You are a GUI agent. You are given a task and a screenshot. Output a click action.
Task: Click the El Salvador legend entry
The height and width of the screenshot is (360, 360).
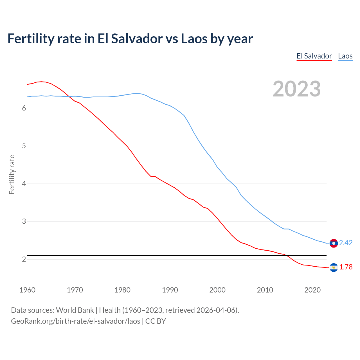(314, 56)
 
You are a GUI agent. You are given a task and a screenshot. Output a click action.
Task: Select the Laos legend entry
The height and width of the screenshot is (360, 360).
(345, 56)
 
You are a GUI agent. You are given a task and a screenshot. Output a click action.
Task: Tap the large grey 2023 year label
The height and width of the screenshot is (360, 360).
(296, 89)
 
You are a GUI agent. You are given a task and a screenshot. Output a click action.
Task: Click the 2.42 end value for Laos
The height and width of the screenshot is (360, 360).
(346, 243)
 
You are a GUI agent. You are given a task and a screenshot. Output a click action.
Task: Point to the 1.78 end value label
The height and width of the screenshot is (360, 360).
(346, 267)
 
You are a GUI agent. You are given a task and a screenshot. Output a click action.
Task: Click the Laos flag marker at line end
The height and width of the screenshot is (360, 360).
(334, 243)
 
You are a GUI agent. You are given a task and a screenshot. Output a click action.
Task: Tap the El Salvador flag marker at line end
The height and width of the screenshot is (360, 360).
(334, 267)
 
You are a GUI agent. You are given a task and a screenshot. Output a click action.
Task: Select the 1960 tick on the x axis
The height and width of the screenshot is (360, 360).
(27, 290)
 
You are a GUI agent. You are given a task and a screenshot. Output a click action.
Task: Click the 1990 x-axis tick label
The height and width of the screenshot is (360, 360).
(170, 290)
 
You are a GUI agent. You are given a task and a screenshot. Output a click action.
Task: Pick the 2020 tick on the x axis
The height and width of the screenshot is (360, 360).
(312, 290)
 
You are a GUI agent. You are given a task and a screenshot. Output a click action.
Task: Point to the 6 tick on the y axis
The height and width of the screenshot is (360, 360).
(24, 108)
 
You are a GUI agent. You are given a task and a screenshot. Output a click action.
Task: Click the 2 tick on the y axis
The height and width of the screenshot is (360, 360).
(24, 259)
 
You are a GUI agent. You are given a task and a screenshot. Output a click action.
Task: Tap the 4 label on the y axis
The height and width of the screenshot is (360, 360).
(24, 184)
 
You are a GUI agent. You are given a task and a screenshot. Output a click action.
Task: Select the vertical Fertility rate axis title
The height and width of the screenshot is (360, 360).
(12, 174)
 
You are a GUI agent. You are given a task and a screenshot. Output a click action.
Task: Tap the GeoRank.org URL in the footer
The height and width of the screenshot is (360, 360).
(75, 321)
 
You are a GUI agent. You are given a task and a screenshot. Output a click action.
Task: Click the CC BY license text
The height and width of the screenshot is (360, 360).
(156, 321)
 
